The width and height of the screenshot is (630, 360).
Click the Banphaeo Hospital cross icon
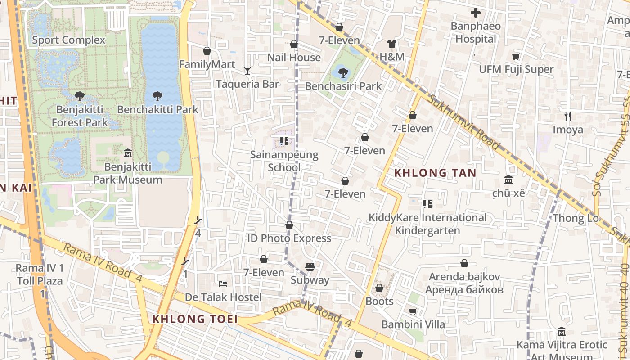pos(476,13)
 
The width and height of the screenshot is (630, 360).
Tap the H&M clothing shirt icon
pos(392,44)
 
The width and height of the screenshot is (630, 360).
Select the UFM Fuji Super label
pos(516,69)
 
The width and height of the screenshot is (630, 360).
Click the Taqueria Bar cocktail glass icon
pos(247,70)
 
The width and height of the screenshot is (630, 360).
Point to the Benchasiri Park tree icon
pos(343,72)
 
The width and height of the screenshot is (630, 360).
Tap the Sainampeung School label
pos(284,161)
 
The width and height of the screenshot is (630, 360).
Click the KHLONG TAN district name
pos(429,173)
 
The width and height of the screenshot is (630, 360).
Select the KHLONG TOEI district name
pos(194,319)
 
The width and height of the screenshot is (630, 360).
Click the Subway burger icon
pos(310,267)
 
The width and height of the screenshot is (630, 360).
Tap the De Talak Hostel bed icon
pos(223,284)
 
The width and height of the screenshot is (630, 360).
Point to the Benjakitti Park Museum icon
pos(127,153)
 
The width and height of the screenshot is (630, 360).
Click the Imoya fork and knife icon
pos(568,117)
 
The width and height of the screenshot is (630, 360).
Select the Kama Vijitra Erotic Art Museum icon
pos(562,332)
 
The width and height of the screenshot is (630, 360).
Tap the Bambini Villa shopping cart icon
pos(413,311)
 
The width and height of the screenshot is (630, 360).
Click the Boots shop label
pos(379,301)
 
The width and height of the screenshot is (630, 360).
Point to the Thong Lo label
pos(576,218)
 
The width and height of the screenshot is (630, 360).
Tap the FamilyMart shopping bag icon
pos(207,51)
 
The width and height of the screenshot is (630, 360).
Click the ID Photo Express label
pos(289,238)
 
